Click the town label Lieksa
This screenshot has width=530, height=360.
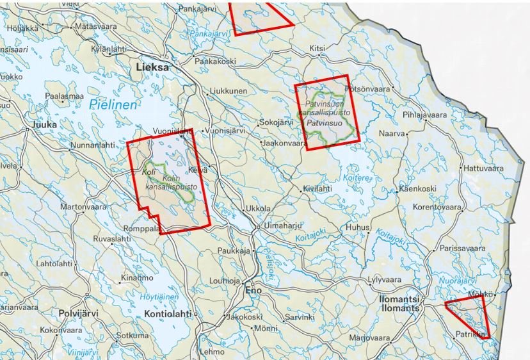click(152, 67)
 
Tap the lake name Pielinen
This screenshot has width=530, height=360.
click(113, 105)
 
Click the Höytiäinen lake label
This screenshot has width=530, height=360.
click(159, 297)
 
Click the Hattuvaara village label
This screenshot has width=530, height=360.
click(484, 168)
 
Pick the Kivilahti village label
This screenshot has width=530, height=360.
click(317, 189)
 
